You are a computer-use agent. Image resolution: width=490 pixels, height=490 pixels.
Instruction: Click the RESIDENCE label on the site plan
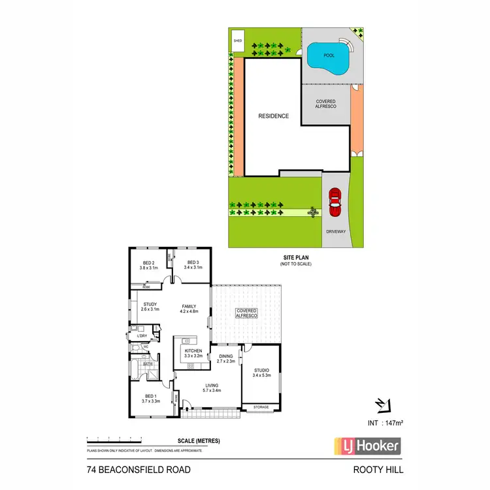tap(273, 116)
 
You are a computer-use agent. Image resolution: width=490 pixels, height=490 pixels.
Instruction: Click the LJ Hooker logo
tap(367, 446)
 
